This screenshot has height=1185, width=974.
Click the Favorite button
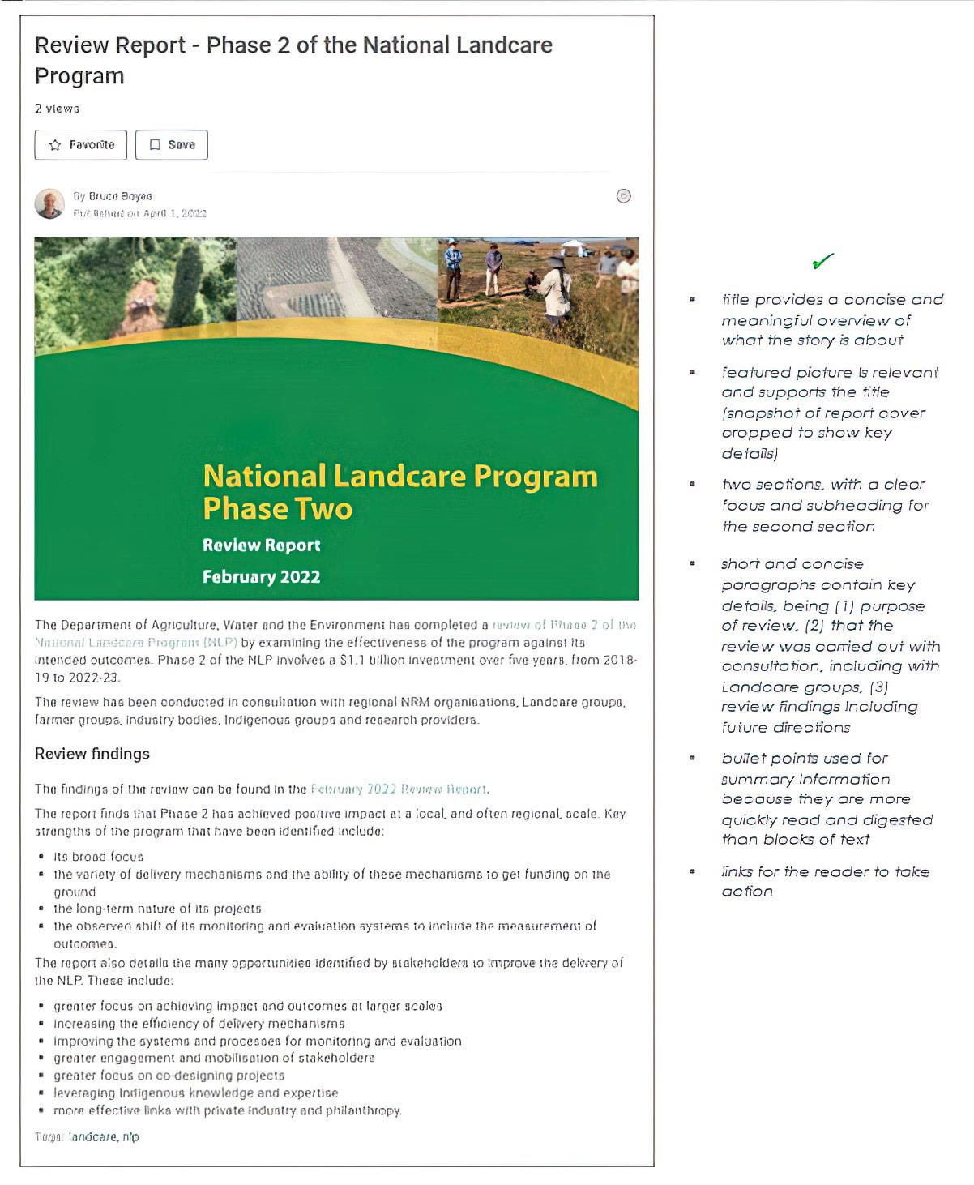click(81, 145)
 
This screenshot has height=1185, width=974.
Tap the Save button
click(172, 145)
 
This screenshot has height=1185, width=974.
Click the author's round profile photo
click(49, 204)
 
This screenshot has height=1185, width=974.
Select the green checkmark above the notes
click(822, 262)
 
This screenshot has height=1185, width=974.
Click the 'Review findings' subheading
click(92, 754)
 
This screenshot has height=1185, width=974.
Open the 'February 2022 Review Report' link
click(399, 789)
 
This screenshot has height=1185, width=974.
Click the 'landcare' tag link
click(92, 1136)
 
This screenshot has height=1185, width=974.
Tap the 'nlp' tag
click(131, 1136)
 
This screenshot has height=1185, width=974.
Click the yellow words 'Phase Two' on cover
click(277, 508)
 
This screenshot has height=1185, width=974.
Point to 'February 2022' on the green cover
click(261, 577)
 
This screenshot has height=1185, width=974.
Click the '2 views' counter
click(57, 109)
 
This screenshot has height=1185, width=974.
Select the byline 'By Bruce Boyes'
click(113, 196)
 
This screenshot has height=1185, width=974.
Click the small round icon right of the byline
click(623, 196)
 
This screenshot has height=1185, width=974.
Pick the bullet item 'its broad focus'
click(98, 857)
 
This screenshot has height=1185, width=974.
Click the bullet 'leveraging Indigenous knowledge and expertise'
click(196, 1093)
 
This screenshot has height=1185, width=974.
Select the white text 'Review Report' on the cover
click(261, 545)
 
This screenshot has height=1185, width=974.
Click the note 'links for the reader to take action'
click(825, 881)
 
